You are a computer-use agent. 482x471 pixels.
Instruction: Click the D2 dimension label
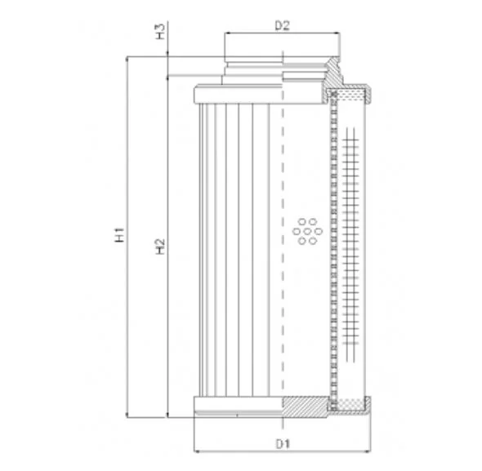point(282,25)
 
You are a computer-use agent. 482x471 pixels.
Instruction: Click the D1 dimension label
point(283,444)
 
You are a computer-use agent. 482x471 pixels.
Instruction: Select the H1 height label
point(119,234)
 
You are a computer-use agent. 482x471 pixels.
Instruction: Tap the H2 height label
point(160,247)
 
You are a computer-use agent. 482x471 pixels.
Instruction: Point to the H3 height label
point(160,31)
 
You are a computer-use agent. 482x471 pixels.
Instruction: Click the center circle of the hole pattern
point(307,231)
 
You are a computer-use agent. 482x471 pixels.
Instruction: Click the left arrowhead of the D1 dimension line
point(198,451)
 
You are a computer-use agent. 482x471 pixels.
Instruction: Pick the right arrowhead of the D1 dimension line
point(367,451)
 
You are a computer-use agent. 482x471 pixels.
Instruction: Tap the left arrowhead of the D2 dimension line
point(228,33)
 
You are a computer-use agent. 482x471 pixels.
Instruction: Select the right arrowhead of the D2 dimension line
point(337,33)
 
